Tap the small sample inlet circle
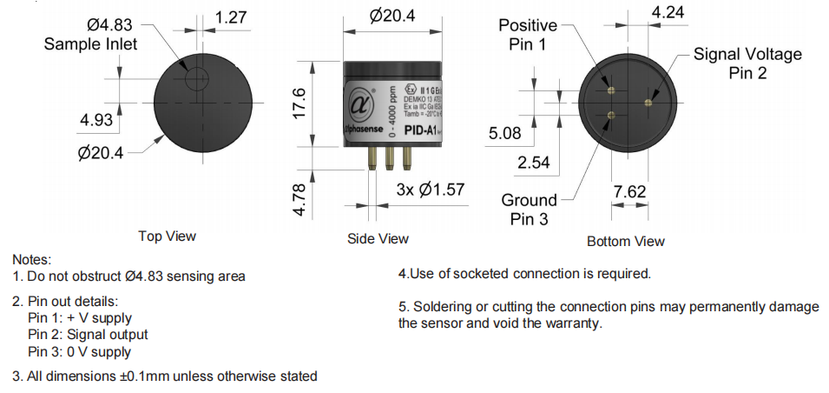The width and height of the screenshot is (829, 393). coord(197,79)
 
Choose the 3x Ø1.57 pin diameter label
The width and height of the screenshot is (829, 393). coord(431,190)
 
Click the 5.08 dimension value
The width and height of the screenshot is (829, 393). coord(505,134)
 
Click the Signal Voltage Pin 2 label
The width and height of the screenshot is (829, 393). coord(747,63)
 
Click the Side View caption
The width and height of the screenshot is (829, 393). coord(378,238)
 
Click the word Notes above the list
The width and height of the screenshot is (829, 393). coord(32,259)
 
